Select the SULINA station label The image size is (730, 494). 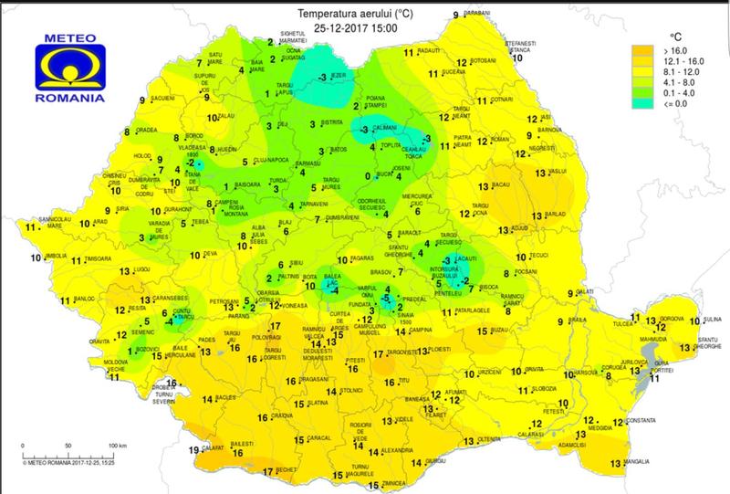(x=713, y=321)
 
